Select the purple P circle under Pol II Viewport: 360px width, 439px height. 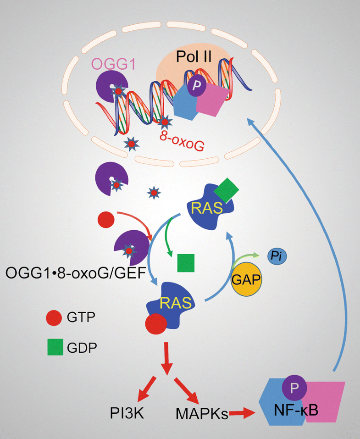[x=196, y=88]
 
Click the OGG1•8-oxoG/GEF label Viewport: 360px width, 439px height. [x=76, y=274]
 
